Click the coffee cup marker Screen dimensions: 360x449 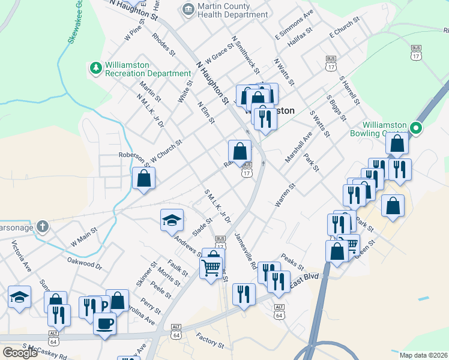[x=105, y=324]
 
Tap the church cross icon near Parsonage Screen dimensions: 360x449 [x=41, y=226]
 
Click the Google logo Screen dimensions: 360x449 [x=20, y=353]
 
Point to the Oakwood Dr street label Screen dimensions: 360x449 [x=85, y=263]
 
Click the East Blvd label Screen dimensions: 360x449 [x=305, y=281]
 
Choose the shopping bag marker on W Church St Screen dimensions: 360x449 [x=144, y=178]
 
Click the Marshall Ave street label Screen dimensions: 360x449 [x=298, y=148]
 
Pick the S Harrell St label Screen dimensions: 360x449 [x=349, y=91]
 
